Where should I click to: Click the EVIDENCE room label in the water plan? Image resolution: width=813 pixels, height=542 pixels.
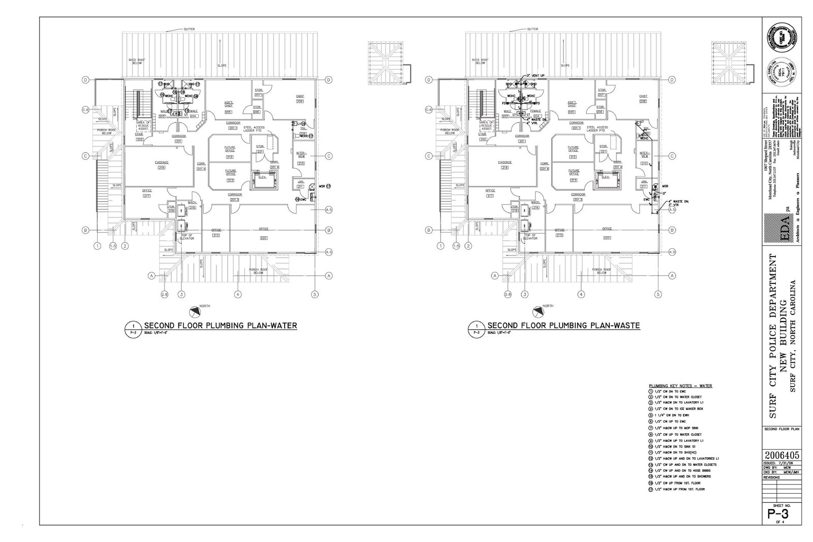[x=162, y=162]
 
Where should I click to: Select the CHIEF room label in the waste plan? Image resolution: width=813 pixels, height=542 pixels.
[x=643, y=96]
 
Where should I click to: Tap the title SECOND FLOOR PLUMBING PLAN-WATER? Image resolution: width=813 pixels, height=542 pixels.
[x=221, y=326]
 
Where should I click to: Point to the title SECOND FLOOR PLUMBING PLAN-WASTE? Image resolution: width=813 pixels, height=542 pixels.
[x=564, y=326]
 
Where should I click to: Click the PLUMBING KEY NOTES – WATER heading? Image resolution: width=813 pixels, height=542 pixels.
[x=680, y=386]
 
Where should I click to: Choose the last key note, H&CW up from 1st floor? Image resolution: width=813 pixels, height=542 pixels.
[x=681, y=489]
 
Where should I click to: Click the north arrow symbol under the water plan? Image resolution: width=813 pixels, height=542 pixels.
[x=194, y=311]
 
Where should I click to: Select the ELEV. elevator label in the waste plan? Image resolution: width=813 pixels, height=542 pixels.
[x=605, y=177]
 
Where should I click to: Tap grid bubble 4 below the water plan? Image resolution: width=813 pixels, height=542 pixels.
[x=237, y=294]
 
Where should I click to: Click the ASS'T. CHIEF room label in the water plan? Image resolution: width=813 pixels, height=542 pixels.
[x=229, y=104]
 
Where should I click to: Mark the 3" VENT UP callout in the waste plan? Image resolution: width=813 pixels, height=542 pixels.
[x=535, y=76]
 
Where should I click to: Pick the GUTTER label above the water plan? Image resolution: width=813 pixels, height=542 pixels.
[x=190, y=29]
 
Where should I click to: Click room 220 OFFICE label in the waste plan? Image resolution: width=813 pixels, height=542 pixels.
[x=607, y=229]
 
